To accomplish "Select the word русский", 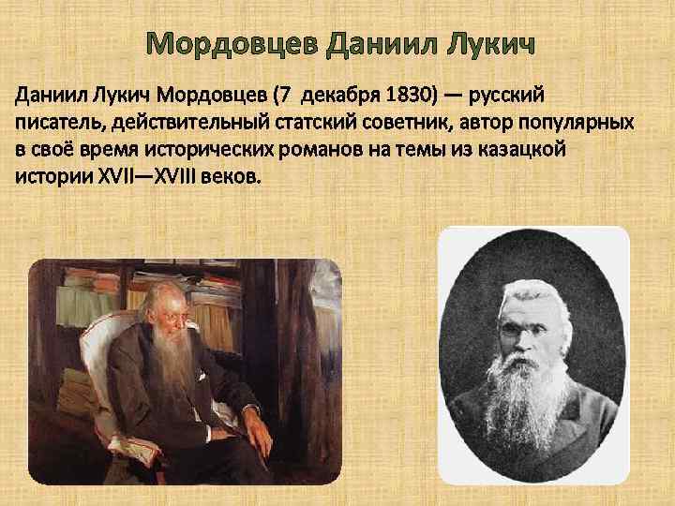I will (x=511, y=96).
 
